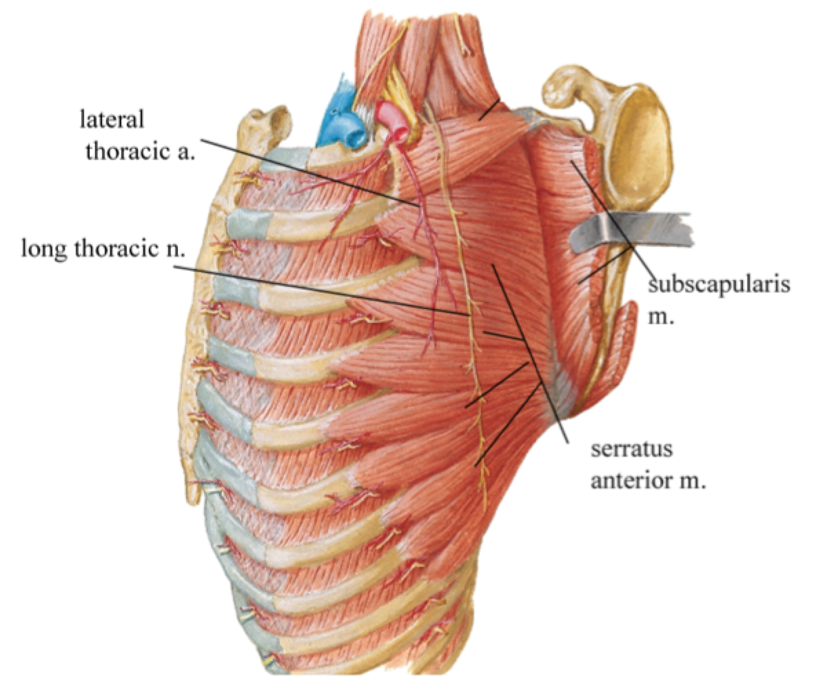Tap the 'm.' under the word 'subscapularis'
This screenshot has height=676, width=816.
660,319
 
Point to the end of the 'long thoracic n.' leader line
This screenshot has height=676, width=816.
473,315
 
